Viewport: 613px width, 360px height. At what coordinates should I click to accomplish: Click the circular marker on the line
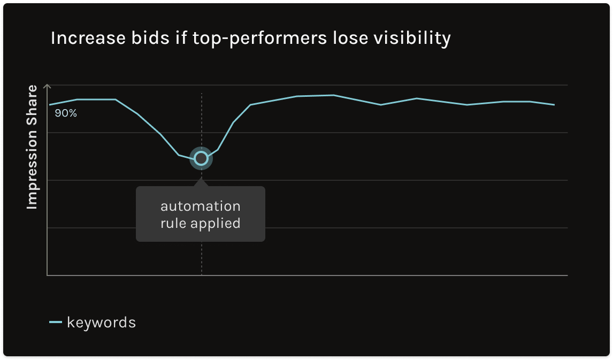pos(201,158)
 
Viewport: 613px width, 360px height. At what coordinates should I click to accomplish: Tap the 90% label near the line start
pos(66,113)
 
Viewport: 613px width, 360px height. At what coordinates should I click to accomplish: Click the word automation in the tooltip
pos(201,206)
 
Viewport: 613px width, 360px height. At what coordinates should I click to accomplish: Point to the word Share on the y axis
pos(33,103)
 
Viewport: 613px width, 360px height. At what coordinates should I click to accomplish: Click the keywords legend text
pos(101,323)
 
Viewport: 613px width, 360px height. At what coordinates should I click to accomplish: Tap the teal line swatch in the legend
pos(56,323)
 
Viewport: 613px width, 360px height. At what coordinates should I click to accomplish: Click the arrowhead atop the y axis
pos(48,86)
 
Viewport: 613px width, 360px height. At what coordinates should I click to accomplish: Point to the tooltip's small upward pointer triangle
pos(201,182)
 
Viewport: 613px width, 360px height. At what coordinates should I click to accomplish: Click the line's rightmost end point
pos(555,105)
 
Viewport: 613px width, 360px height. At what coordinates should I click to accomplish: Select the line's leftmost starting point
pos(49,105)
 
